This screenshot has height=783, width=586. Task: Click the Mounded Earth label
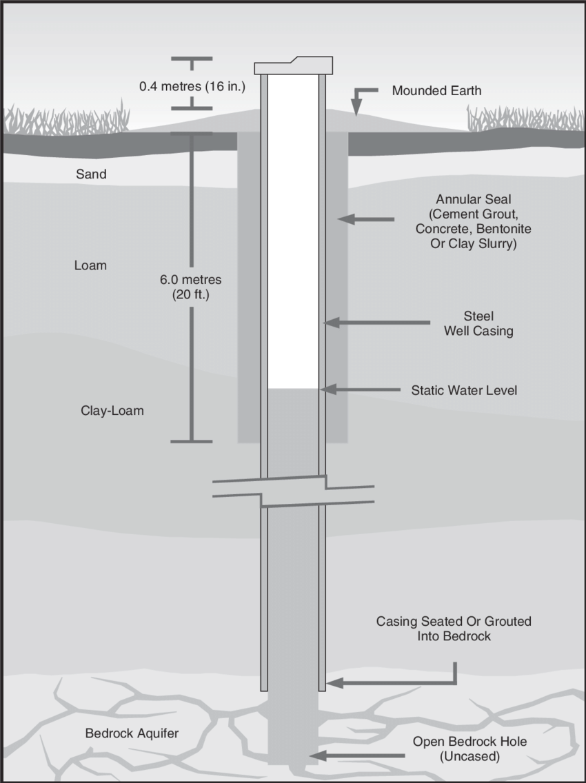point(436,90)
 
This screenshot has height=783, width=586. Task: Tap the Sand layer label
point(91,174)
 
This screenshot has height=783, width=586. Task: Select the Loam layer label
point(90,265)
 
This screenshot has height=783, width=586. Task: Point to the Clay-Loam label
point(112,411)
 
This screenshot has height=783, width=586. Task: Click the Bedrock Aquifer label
point(132,733)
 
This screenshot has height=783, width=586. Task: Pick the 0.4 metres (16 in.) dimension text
point(192,87)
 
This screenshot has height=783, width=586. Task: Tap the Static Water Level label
point(464,390)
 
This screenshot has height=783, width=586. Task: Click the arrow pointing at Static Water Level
point(361,390)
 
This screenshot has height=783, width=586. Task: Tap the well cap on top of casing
point(294,66)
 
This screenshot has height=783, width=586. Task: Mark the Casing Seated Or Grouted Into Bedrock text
point(454,629)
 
